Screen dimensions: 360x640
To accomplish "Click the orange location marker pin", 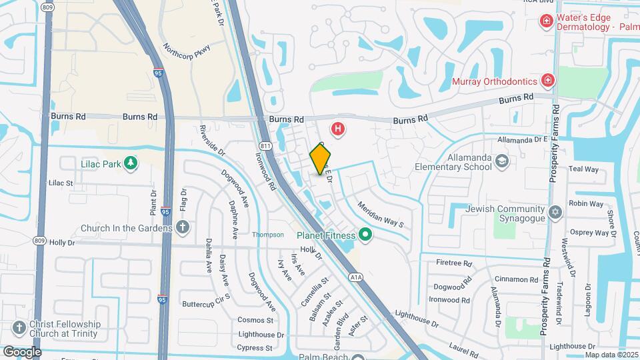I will pyautogui.click(x=321, y=159).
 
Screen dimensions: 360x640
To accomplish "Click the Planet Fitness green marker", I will pyautogui.click(x=365, y=234).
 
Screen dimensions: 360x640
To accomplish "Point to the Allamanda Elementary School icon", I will pyautogui.click(x=501, y=161).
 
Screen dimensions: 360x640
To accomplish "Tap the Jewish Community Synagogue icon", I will pyautogui.click(x=555, y=213).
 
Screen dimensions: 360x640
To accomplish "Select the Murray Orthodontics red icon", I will pyautogui.click(x=547, y=81).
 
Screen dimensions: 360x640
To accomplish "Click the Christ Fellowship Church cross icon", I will pyautogui.click(x=19, y=328).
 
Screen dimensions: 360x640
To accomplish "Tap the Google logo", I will pyautogui.click(x=22, y=351).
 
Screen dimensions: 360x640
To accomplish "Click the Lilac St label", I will pyautogui.click(x=60, y=182).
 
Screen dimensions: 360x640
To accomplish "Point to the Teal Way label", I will pyautogui.click(x=583, y=170).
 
